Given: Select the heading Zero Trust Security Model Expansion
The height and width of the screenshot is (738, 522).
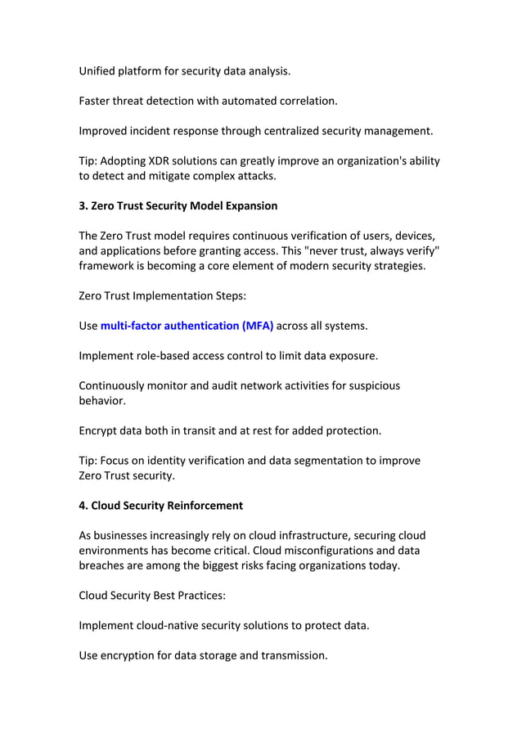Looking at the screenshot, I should pos(178,205).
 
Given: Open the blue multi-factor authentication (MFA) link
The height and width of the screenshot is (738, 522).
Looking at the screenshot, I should pos(187,326).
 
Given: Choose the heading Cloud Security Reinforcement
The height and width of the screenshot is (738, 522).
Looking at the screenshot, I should pos(160,506).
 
